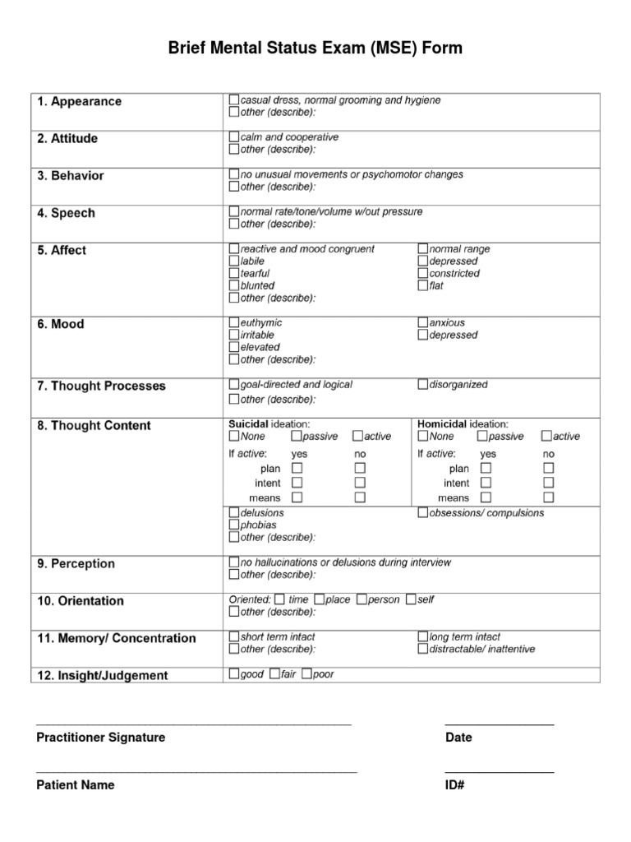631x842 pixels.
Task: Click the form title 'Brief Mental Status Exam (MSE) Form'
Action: click(315, 49)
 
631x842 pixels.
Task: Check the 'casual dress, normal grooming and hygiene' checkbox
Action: click(234, 100)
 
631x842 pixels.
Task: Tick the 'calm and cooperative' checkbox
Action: click(234, 137)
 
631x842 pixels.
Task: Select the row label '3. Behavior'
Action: click(70, 176)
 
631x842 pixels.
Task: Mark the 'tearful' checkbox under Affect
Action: click(234, 273)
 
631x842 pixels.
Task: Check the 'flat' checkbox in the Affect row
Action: click(423, 285)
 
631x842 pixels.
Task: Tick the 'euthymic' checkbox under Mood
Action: click(234, 323)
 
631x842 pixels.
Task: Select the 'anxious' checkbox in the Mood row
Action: click(423, 323)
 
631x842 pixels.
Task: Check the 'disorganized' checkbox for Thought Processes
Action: click(423, 384)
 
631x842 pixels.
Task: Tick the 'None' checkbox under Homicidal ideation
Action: click(423, 436)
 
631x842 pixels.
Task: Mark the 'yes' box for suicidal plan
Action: click(297, 468)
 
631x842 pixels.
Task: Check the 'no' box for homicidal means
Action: click(548, 497)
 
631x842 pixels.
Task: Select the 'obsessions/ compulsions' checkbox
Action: click(423, 513)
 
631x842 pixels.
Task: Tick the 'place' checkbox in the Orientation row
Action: click(320, 599)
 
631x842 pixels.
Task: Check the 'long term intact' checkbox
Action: click(423, 636)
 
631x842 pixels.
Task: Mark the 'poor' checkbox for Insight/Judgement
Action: click(306, 674)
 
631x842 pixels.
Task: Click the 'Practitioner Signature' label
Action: click(100, 738)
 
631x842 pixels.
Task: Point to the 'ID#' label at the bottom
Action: click(455, 785)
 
